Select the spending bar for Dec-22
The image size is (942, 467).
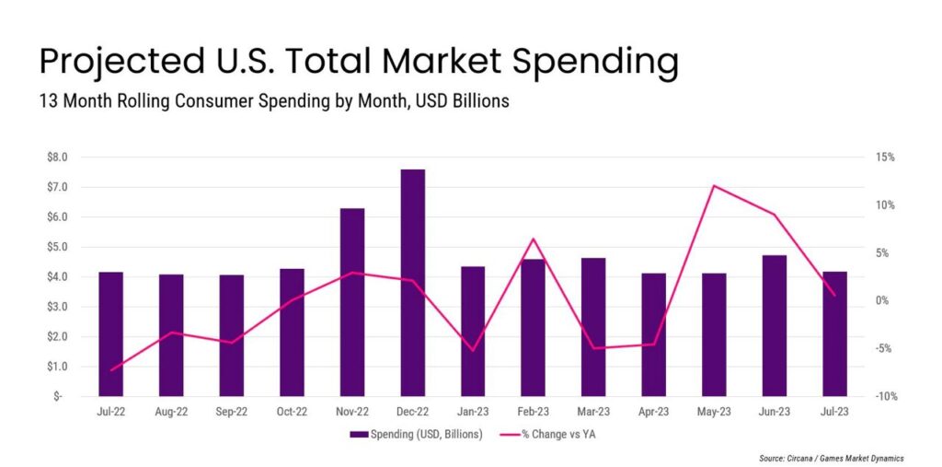coord(413,282)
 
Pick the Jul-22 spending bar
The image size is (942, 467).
coord(111,333)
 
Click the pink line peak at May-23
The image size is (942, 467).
coord(714,186)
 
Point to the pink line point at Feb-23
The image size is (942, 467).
coord(534,239)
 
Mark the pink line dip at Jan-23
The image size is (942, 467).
coord(473,350)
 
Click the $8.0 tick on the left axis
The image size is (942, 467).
coord(57,158)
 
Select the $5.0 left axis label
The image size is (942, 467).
coord(57,247)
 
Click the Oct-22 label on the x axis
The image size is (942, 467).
coord(292,413)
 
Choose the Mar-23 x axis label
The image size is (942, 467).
coord(593,413)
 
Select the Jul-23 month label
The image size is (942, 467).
coord(834,413)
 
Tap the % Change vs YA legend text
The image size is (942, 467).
coord(557,434)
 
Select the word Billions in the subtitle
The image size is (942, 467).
coord(477,101)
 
